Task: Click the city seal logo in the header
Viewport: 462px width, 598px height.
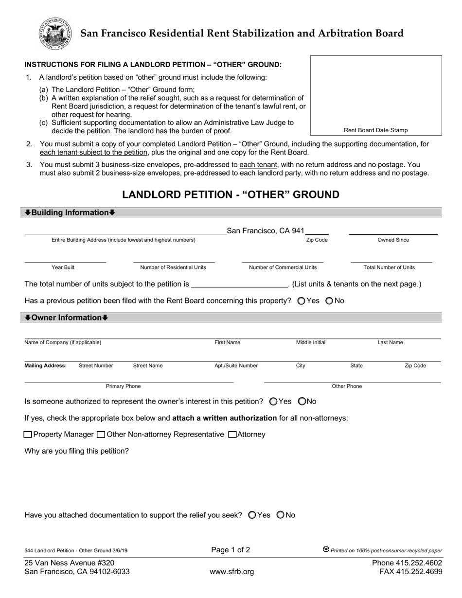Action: click(x=55, y=33)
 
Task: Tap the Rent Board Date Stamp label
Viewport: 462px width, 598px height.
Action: click(x=375, y=130)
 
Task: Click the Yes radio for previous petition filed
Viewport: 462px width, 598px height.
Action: click(x=301, y=301)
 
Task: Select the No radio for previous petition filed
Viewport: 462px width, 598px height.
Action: click(x=329, y=301)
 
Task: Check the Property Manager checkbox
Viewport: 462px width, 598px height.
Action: click(x=28, y=434)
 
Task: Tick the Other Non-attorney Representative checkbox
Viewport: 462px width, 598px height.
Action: click(x=101, y=434)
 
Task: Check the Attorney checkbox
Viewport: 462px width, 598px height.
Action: click(x=232, y=434)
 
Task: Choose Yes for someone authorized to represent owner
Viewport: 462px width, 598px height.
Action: click(x=273, y=402)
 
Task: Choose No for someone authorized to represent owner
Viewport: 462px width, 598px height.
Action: click(x=302, y=402)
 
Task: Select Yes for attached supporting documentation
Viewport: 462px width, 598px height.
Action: click(x=252, y=515)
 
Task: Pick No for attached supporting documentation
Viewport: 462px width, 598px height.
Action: click(x=281, y=515)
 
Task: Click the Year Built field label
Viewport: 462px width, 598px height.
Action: click(x=63, y=267)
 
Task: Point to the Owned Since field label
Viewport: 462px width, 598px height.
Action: click(x=393, y=240)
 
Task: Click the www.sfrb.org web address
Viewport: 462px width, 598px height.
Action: click(x=231, y=572)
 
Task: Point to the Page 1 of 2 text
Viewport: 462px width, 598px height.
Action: click(x=231, y=550)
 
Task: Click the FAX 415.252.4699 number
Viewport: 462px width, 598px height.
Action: click(x=410, y=572)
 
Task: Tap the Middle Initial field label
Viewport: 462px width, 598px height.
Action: click(x=311, y=343)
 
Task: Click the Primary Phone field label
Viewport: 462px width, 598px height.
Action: click(x=123, y=387)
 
